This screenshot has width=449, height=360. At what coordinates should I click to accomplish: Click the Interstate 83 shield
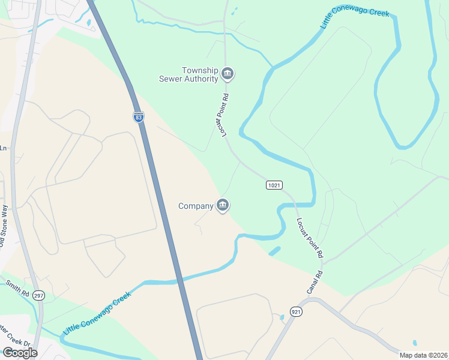click(x=139, y=118)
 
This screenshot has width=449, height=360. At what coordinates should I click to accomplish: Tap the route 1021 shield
click(x=274, y=185)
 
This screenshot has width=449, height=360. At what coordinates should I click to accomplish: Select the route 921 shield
click(x=295, y=311)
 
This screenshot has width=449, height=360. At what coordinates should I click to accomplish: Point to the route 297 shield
click(x=39, y=296)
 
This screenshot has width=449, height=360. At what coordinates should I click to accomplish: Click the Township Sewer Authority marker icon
click(x=228, y=74)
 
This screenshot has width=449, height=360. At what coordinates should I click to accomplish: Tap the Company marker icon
click(x=223, y=206)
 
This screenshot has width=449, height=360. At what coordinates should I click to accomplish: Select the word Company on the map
click(x=196, y=206)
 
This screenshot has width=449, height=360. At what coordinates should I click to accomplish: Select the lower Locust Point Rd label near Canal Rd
click(x=309, y=238)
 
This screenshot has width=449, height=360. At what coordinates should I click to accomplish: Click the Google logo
click(x=20, y=353)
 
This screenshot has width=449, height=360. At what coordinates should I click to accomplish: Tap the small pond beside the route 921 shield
click(x=281, y=317)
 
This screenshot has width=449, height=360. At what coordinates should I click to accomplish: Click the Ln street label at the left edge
click(x=3, y=148)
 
